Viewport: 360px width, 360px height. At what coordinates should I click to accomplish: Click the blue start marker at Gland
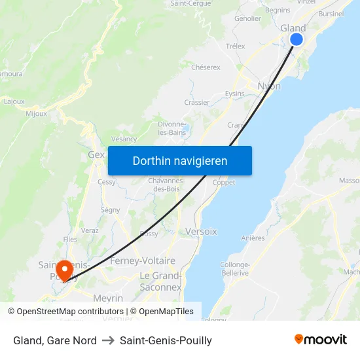[296, 39]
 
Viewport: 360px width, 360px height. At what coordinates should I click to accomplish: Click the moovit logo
[321, 340]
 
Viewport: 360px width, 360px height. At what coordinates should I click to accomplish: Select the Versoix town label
[201, 231]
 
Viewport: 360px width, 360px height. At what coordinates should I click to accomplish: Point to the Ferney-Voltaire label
[143, 261]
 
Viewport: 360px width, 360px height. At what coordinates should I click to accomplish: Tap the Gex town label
[96, 155]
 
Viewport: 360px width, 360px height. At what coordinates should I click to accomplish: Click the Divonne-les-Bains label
[173, 128]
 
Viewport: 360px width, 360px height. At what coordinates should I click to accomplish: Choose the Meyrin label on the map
[108, 298]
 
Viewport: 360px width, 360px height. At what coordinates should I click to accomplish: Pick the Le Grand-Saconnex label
[161, 281]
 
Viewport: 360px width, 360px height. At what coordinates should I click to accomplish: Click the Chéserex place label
[206, 67]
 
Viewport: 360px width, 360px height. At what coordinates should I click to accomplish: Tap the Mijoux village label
[36, 113]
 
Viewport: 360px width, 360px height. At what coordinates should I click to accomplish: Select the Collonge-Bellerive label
[235, 268]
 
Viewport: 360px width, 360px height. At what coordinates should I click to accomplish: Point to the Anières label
[253, 238]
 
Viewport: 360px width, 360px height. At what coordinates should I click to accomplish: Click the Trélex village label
[235, 46]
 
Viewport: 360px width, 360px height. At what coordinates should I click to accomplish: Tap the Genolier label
[247, 18]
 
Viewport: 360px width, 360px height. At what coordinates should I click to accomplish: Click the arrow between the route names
[108, 340]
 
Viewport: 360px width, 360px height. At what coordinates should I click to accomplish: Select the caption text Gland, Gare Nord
[55, 340]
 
